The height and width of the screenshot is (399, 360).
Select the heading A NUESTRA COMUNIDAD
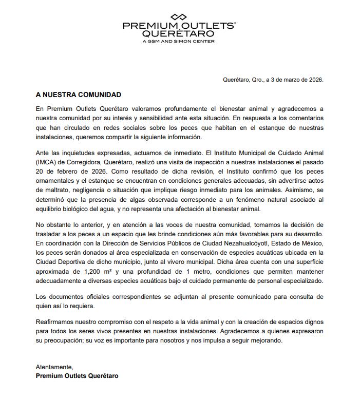[x=79, y=95]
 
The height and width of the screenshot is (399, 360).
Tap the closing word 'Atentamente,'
[x=55, y=367]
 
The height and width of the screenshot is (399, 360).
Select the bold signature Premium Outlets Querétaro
[x=77, y=376]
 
